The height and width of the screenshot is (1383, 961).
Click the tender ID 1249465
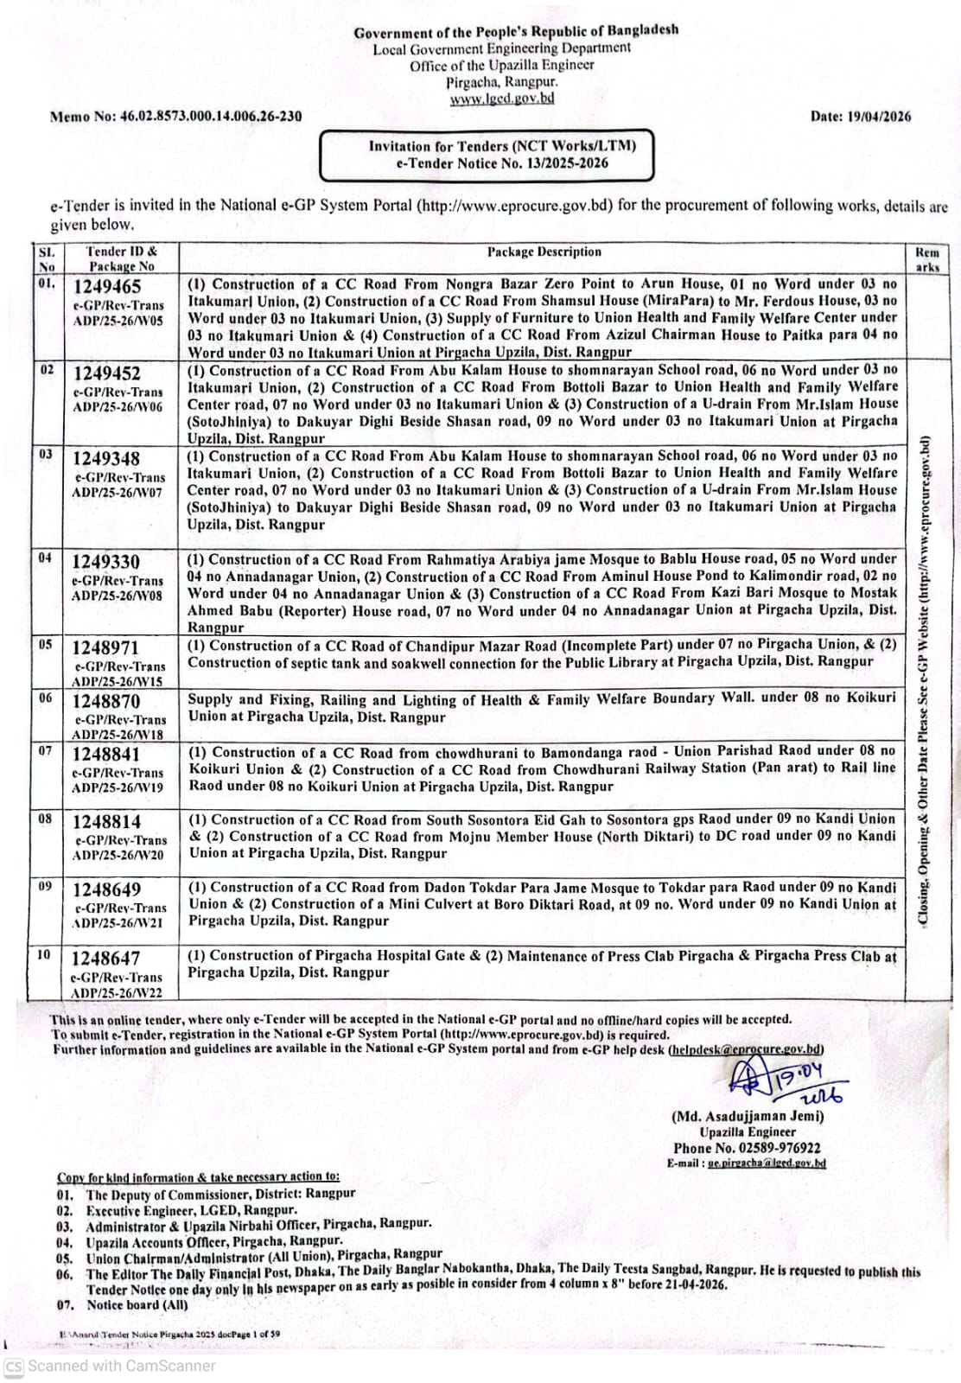point(107,287)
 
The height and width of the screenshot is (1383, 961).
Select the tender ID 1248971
point(105,648)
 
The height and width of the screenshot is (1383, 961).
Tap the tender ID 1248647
point(105,959)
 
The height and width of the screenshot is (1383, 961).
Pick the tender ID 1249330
point(106,563)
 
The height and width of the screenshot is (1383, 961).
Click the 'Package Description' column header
point(544,252)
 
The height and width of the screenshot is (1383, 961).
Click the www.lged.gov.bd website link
point(502,99)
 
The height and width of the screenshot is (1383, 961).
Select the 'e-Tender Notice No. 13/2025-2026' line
point(502,163)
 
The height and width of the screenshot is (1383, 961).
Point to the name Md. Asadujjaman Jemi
point(748,1116)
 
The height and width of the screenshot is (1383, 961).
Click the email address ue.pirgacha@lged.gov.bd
point(766,1163)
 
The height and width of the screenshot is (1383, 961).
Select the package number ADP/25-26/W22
point(117,993)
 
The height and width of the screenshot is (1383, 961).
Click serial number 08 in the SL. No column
point(45,819)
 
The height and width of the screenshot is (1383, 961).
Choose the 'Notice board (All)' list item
point(137,1304)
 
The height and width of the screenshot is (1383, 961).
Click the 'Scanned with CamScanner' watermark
point(121,1367)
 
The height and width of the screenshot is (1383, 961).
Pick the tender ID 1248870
point(105,702)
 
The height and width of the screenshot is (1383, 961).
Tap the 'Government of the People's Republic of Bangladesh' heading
point(516,32)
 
